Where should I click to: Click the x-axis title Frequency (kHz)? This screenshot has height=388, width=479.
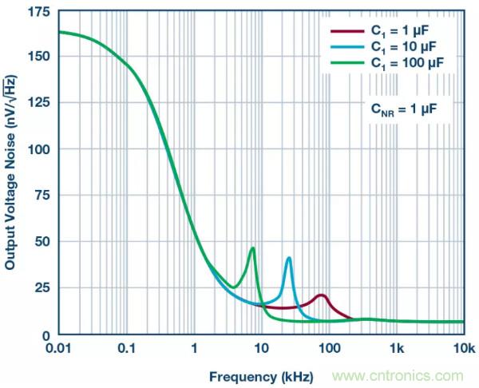point(261,376)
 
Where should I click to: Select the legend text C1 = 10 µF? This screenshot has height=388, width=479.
point(402,47)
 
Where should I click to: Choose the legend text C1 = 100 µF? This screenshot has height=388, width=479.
point(406,61)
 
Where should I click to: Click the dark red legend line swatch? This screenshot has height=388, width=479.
point(344,33)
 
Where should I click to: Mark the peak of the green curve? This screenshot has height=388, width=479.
point(253,248)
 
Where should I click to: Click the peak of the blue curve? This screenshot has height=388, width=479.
point(288,257)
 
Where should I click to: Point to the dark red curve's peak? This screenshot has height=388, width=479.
point(321,295)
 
